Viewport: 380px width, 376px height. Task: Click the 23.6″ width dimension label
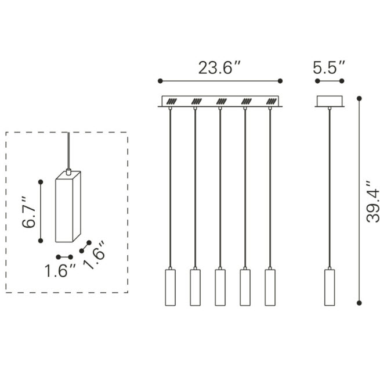(x=219, y=67)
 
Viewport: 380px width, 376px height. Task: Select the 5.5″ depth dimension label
(x=328, y=67)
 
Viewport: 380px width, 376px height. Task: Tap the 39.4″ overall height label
(x=372, y=202)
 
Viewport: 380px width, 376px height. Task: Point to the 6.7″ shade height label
(x=28, y=212)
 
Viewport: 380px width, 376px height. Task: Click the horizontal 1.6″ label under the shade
(x=60, y=270)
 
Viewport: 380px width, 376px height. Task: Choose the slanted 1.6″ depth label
(x=95, y=255)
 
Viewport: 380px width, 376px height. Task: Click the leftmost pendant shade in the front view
(x=171, y=288)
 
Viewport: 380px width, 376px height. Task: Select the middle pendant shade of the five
(x=220, y=288)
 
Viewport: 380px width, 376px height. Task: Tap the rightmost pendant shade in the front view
(x=270, y=288)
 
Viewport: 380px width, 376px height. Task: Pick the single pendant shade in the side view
(x=330, y=288)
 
